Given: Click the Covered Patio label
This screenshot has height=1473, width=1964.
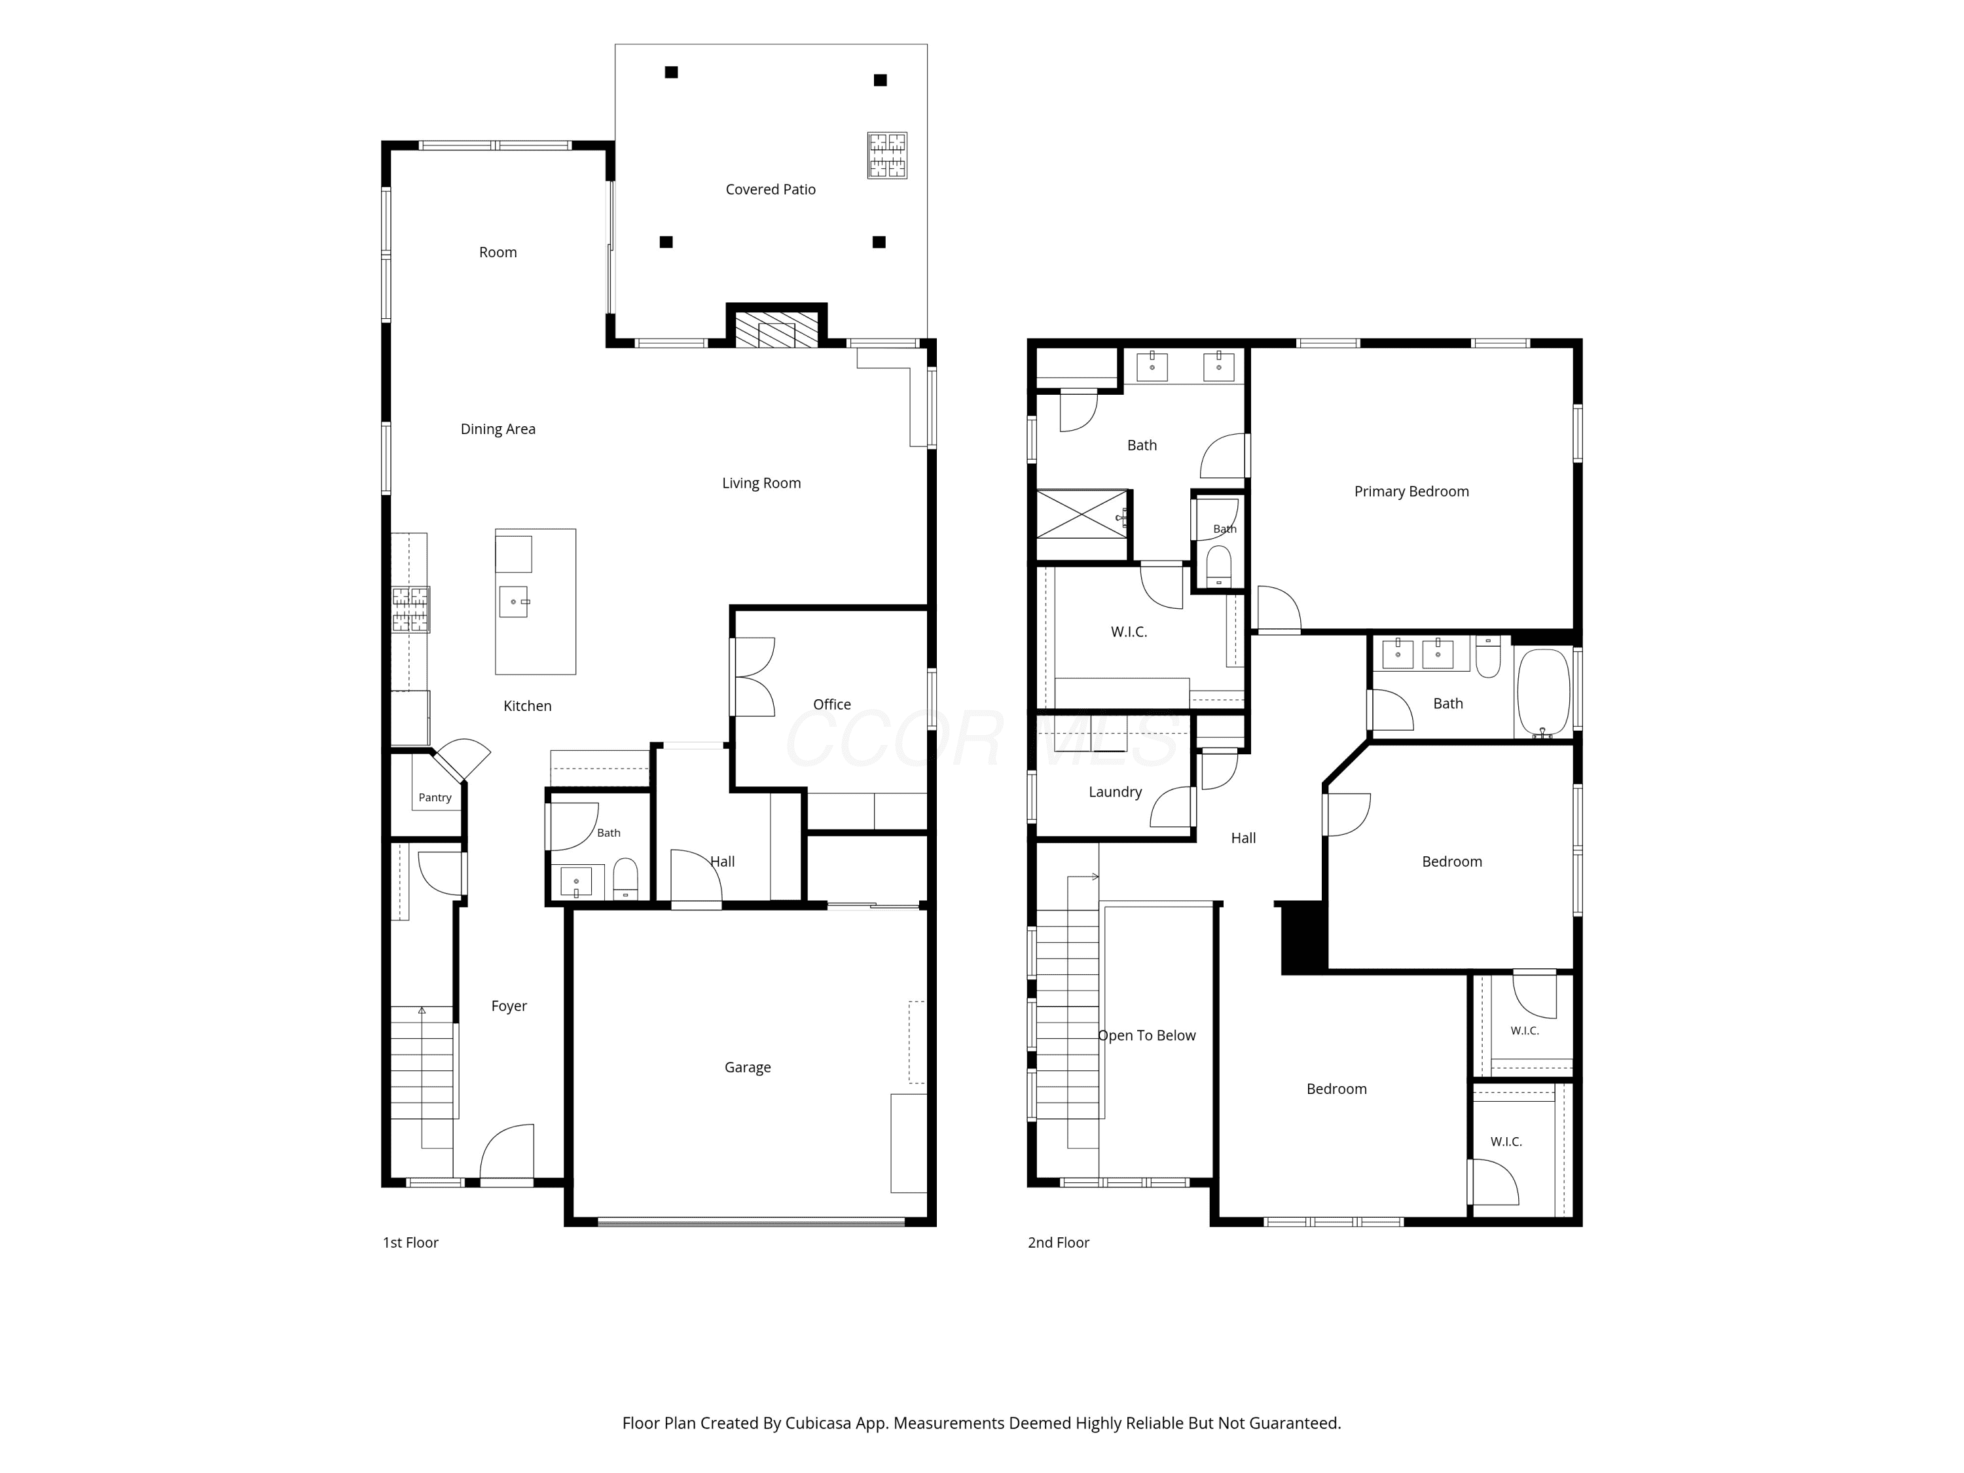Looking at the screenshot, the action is [770, 189].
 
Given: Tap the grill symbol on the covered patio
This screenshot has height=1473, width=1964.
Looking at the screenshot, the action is [887, 155].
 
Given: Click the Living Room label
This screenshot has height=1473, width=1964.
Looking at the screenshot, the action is [761, 483].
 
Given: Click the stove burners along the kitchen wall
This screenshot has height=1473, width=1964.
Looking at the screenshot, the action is [411, 609].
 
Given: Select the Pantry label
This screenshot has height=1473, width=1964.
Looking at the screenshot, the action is [435, 797].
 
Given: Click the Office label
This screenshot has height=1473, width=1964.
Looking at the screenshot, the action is [832, 704].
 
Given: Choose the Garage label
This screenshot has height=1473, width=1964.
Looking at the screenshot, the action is [747, 1067].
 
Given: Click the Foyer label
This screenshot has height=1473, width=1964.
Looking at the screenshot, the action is [509, 1006].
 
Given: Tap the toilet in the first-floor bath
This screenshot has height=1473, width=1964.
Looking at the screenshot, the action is [625, 878].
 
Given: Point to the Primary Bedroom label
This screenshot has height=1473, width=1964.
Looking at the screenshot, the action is [1411, 492].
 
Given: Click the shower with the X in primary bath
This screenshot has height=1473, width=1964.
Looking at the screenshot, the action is [1082, 513].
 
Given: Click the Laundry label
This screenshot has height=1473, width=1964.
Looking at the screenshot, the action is [1115, 792].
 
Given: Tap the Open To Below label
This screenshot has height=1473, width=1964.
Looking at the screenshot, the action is [1146, 1035].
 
